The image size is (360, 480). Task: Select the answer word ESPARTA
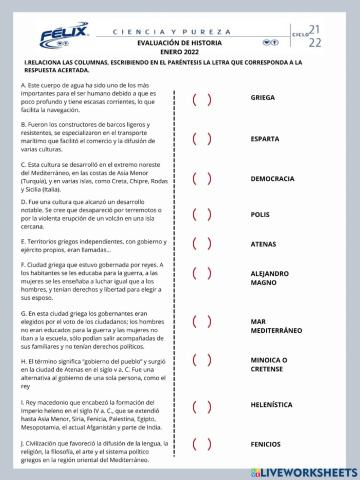[265, 139]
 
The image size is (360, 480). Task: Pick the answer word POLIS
[260, 214]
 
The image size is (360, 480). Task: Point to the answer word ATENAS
[263, 243]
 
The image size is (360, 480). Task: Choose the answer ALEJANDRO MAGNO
[269, 277]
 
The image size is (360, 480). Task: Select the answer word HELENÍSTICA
[274, 409]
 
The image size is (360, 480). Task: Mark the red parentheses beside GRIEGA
[201, 98]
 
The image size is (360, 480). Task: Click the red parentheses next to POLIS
[201, 214]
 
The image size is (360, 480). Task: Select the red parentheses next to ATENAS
[201, 243]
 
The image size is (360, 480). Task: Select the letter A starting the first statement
[22, 85]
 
